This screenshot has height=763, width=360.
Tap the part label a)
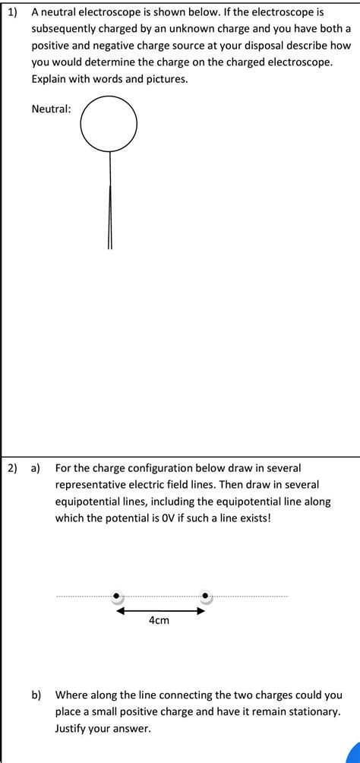(x=36, y=468)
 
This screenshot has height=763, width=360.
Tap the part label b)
(x=36, y=695)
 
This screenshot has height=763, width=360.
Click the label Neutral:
(x=52, y=109)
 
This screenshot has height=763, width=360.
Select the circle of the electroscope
(x=109, y=124)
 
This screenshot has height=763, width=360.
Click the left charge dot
(x=116, y=597)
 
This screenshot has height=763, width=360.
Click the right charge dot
(x=205, y=597)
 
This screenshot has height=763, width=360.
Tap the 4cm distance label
(x=159, y=621)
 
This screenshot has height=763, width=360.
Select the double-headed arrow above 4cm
(x=160, y=610)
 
